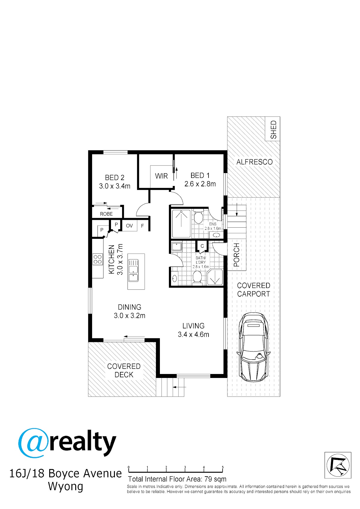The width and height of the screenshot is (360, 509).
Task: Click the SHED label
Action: pyautogui.click(x=273, y=130)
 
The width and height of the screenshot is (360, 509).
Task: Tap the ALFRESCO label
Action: pyautogui.click(x=254, y=162)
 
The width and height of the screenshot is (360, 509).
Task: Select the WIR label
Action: pyautogui.click(x=161, y=176)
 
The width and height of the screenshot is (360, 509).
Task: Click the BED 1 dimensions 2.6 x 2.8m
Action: pyautogui.click(x=200, y=184)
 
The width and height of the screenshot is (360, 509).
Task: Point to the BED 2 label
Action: pyautogui.click(x=115, y=178)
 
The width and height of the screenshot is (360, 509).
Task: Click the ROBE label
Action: pyautogui.click(x=106, y=214)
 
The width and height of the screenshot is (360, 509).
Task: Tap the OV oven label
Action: pyautogui.click(x=129, y=226)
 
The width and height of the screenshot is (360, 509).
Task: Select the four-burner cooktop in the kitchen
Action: pyautogui.click(x=98, y=259)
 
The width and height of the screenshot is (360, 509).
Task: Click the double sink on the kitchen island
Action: pyautogui.click(x=133, y=271)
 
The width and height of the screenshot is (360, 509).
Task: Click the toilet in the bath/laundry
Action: pyautogui.click(x=197, y=278)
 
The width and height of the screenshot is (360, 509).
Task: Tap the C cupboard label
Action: pyautogui.click(x=202, y=246)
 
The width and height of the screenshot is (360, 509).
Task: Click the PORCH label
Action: pyautogui.click(x=237, y=255)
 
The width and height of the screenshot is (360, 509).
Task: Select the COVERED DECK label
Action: pyautogui.click(x=124, y=370)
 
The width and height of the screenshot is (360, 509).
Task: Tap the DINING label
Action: pyautogui.click(x=130, y=307)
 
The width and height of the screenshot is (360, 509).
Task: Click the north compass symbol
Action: pyautogui.click(x=338, y=465)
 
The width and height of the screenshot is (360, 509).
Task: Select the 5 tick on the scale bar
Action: pyautogui.click(x=223, y=468)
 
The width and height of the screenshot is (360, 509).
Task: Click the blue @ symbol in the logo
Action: pyautogui.click(x=33, y=443)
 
